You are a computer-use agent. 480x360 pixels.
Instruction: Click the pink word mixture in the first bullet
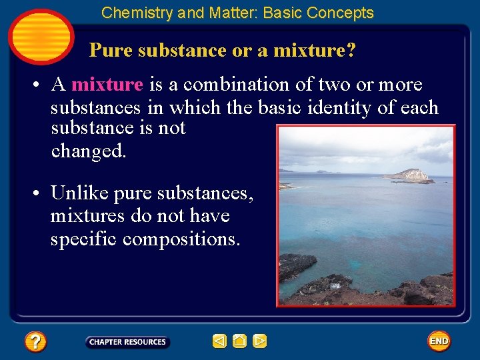click(107, 85)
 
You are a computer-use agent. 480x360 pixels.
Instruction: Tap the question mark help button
click(35, 342)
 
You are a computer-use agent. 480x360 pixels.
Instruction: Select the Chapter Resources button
click(127, 342)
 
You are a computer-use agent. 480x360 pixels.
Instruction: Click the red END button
click(439, 341)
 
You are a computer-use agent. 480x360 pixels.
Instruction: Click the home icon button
click(240, 341)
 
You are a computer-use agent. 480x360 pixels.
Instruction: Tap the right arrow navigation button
click(260, 341)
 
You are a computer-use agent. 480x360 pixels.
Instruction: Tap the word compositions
click(181, 239)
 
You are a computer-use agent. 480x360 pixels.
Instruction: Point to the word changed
click(88, 151)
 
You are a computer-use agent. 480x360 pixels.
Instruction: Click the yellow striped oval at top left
click(41, 37)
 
